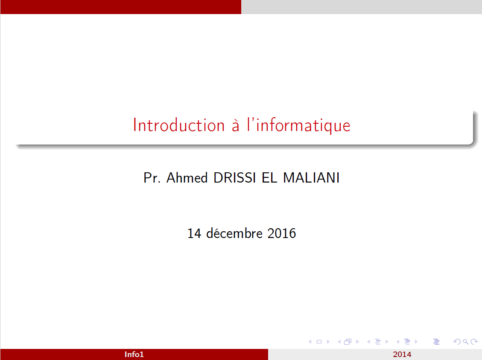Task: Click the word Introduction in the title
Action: (x=179, y=125)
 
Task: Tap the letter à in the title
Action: (x=235, y=125)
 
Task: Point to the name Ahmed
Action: (x=187, y=177)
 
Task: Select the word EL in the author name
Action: (x=269, y=177)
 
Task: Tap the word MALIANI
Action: (x=311, y=177)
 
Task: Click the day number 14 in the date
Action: (x=194, y=234)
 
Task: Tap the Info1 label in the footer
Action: (x=134, y=354)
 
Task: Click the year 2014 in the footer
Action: (x=402, y=354)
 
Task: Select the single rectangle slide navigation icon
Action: (x=318, y=342)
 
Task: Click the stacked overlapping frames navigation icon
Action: (x=348, y=342)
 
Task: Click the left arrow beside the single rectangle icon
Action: (x=310, y=342)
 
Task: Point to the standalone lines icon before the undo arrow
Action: (x=436, y=342)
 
